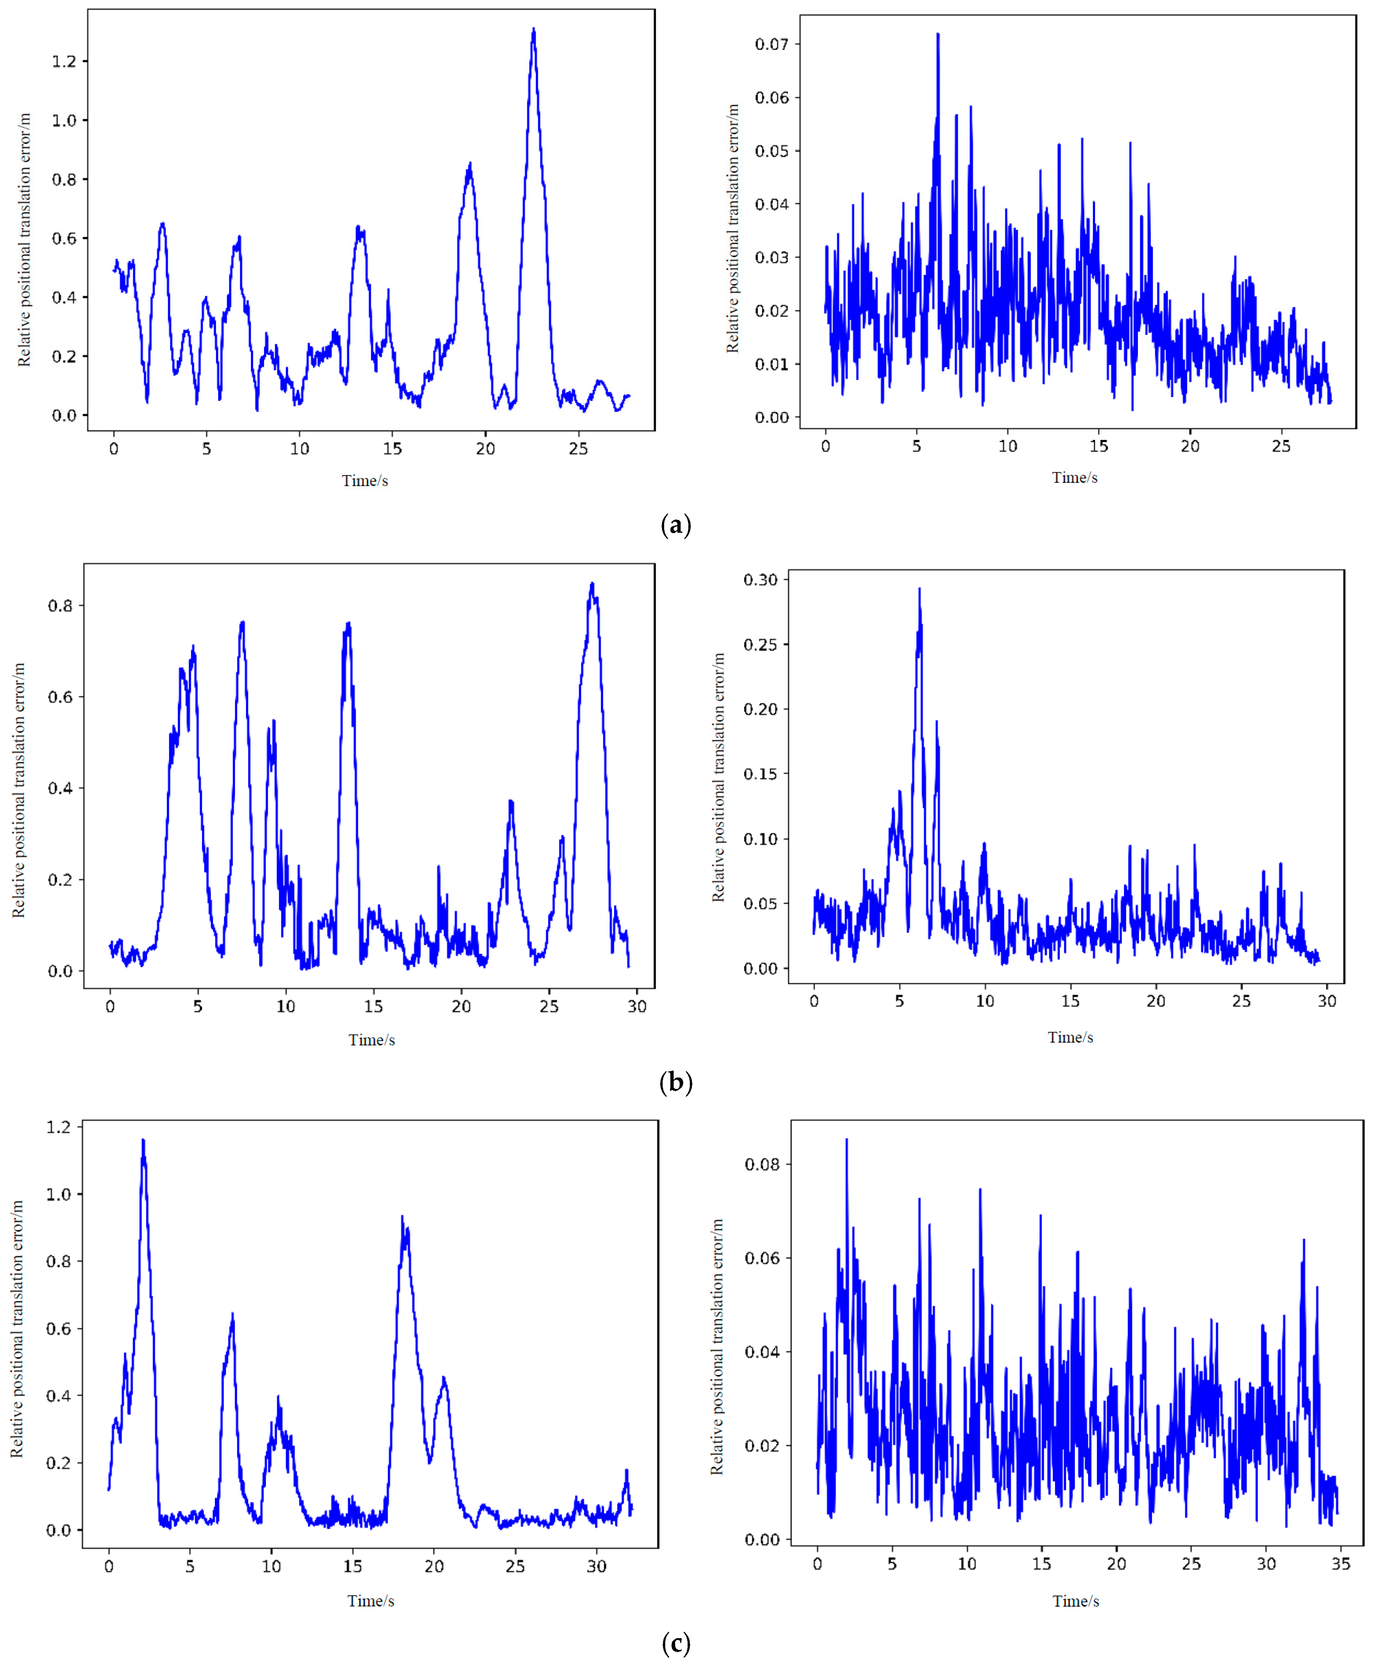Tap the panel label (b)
click(675, 1082)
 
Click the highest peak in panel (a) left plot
click(534, 30)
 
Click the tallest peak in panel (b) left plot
click(592, 584)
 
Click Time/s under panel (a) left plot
click(365, 481)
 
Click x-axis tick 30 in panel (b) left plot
click(637, 1006)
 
